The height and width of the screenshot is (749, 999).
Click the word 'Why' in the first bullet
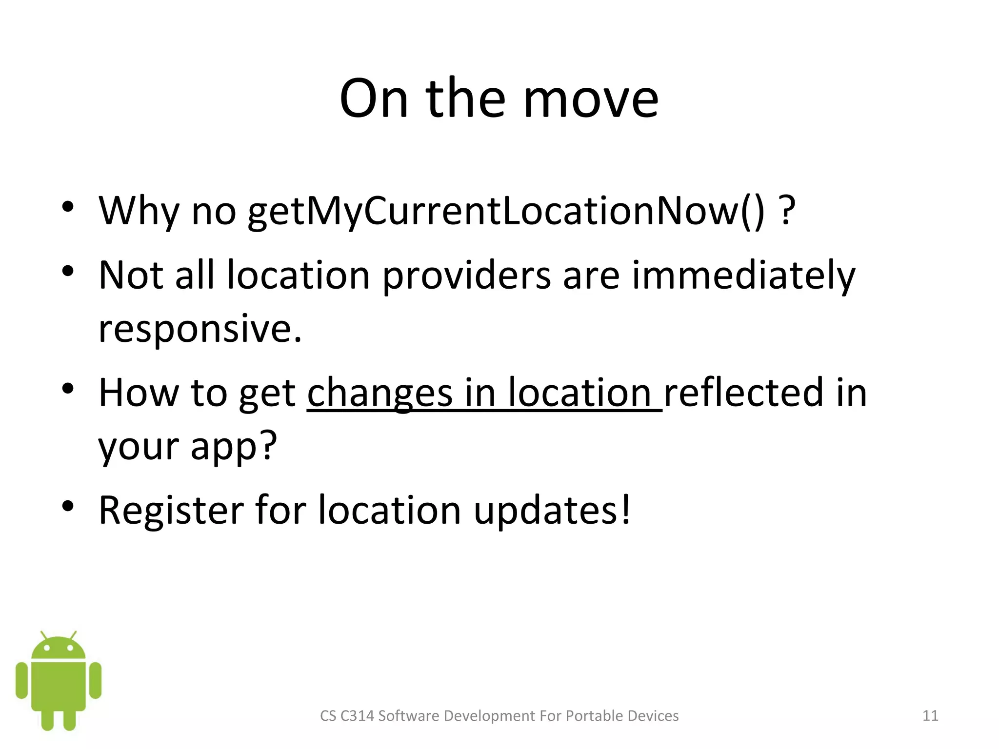(x=139, y=211)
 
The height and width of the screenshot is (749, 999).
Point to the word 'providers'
(x=467, y=276)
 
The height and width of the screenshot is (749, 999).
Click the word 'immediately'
(x=743, y=276)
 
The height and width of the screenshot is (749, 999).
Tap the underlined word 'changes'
(x=380, y=393)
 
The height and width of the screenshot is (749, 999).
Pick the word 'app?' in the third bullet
(x=234, y=446)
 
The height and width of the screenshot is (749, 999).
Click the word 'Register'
(x=171, y=510)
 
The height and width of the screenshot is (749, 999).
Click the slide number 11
(x=930, y=715)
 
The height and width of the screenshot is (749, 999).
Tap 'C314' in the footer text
(x=357, y=715)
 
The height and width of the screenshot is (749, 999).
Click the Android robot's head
(x=59, y=647)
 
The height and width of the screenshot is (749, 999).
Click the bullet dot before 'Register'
(x=68, y=507)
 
